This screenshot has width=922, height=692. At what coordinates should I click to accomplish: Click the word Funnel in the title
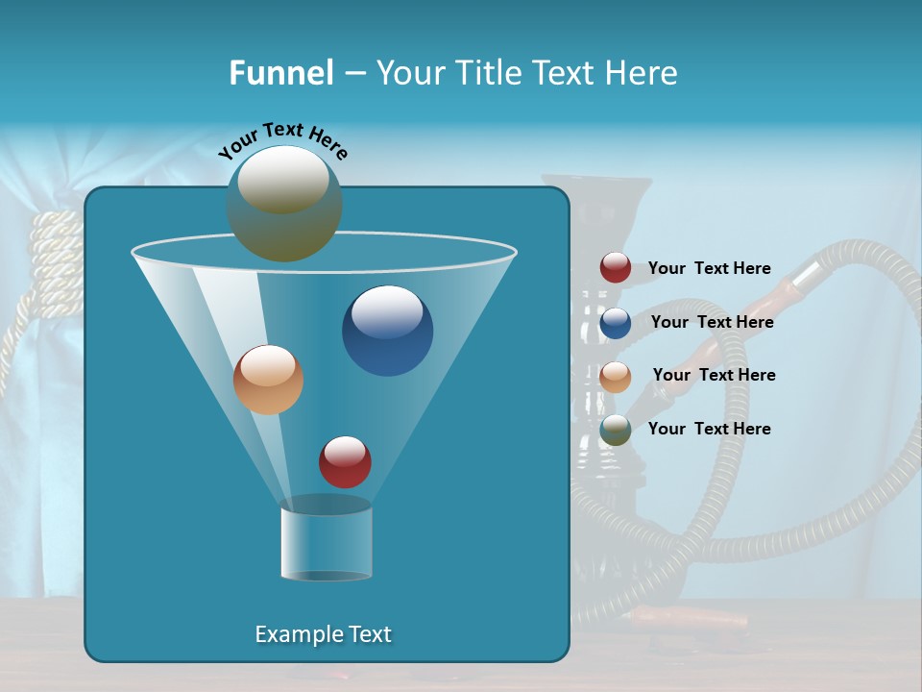[x=280, y=73]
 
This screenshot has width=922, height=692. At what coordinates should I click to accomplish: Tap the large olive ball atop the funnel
[x=284, y=204]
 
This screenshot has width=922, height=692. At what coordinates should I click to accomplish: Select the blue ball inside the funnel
[x=388, y=331]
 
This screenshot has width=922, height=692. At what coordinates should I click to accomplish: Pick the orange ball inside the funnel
[x=268, y=380]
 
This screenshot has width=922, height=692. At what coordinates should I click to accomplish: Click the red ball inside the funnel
[x=345, y=462]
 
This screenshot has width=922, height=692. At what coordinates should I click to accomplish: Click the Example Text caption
[x=324, y=634]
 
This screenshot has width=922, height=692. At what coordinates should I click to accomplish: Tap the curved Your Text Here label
[x=282, y=140]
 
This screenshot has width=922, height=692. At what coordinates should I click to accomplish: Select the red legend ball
[x=616, y=268]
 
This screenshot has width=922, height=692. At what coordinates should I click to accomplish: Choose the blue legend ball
[x=616, y=323]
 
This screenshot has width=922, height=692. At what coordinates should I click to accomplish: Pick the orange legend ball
[x=616, y=376]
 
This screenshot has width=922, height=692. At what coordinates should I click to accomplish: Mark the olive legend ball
[x=616, y=430]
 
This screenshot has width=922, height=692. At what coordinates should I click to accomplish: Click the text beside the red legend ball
[x=710, y=269]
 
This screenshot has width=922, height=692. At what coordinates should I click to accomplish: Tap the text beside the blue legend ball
[x=713, y=323]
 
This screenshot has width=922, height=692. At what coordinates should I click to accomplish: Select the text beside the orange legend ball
[x=715, y=376]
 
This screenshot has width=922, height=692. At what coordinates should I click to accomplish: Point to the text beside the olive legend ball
[x=710, y=430]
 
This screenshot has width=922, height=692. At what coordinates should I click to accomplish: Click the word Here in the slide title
[x=642, y=73]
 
